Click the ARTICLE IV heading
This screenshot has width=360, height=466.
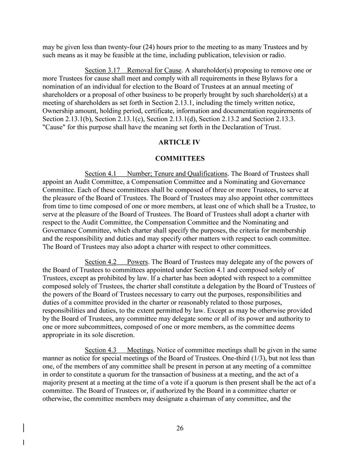click(180, 142)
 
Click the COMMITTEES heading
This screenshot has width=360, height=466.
click(180, 159)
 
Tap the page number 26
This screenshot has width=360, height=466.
click(180, 428)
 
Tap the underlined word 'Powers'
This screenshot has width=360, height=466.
click(137, 262)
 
